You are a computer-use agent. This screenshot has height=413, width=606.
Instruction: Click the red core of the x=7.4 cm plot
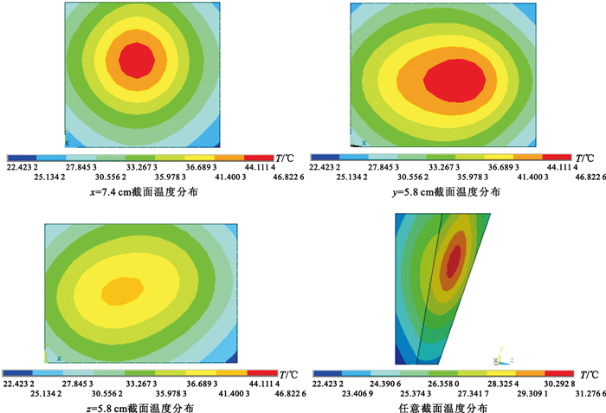137,60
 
